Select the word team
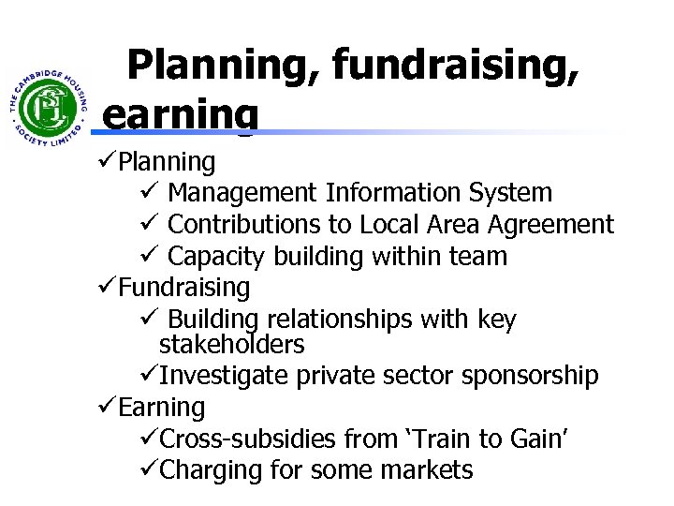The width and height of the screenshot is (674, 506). (x=480, y=256)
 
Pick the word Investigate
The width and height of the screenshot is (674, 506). (x=225, y=376)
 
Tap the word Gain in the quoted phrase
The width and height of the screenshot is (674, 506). (x=526, y=439)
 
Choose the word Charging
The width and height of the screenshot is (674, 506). (x=208, y=469)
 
